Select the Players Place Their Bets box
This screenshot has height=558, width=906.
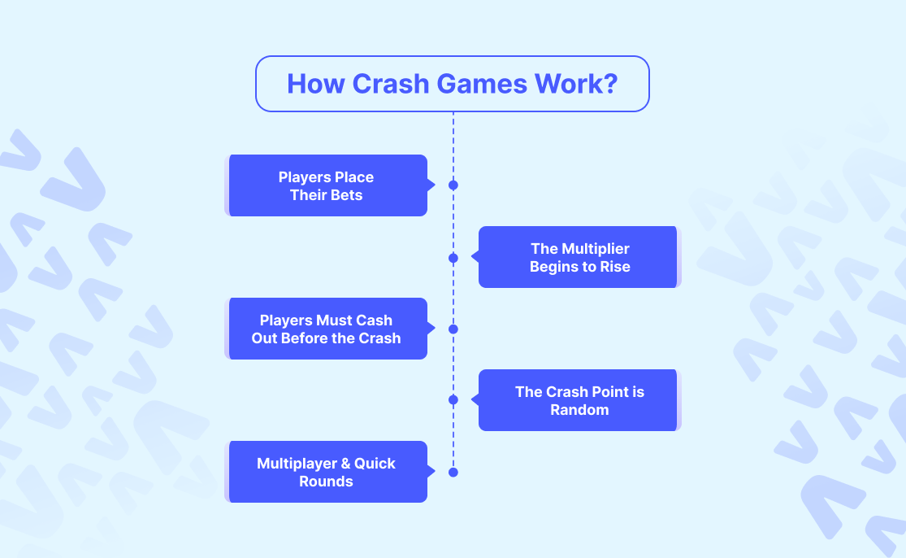click(327, 185)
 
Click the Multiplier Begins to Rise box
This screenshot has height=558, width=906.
click(579, 257)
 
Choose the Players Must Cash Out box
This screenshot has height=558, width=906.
click(327, 329)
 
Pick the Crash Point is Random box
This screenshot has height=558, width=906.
click(579, 400)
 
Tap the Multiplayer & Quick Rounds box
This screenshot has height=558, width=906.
click(327, 472)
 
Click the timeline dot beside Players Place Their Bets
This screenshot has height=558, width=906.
click(453, 185)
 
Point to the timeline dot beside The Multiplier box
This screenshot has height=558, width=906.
click(453, 258)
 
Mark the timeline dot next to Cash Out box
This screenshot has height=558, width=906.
click(453, 329)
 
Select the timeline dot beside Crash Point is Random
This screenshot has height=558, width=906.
click(453, 400)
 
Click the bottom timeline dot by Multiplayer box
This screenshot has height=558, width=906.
click(453, 472)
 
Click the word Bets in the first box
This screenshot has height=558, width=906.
click(346, 195)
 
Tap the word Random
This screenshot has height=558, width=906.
click(579, 410)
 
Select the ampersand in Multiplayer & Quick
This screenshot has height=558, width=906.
click(345, 464)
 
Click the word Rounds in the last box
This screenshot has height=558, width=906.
click(327, 482)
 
